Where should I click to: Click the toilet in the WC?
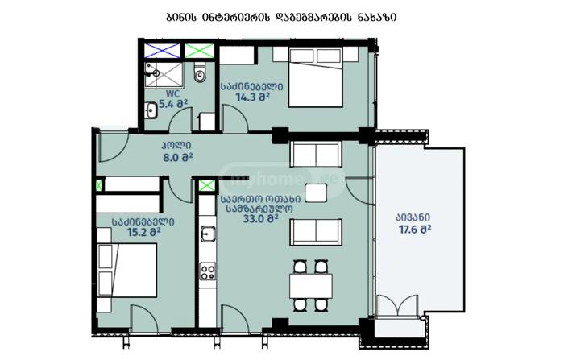tap(200, 72)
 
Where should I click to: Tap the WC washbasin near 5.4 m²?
tap(151, 110)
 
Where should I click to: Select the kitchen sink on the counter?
tap(208, 234)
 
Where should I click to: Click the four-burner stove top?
tap(208, 271)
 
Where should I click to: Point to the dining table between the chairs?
tap(311, 286)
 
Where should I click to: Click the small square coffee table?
tap(316, 192)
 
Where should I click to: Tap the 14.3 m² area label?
tap(252, 97)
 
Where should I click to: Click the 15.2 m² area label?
tap(144, 232)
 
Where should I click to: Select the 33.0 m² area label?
tap(261, 219)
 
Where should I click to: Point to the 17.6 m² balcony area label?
tap(415, 229)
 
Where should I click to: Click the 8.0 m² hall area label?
tap(178, 157)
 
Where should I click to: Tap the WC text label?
tap(172, 94)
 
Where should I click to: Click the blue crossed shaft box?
tap(162, 51)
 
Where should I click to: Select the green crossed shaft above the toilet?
tap(199, 51)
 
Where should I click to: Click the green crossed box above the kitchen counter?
tap(207, 185)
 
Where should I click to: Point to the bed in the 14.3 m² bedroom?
tap(316, 77)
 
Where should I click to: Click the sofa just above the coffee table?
tap(316, 154)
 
